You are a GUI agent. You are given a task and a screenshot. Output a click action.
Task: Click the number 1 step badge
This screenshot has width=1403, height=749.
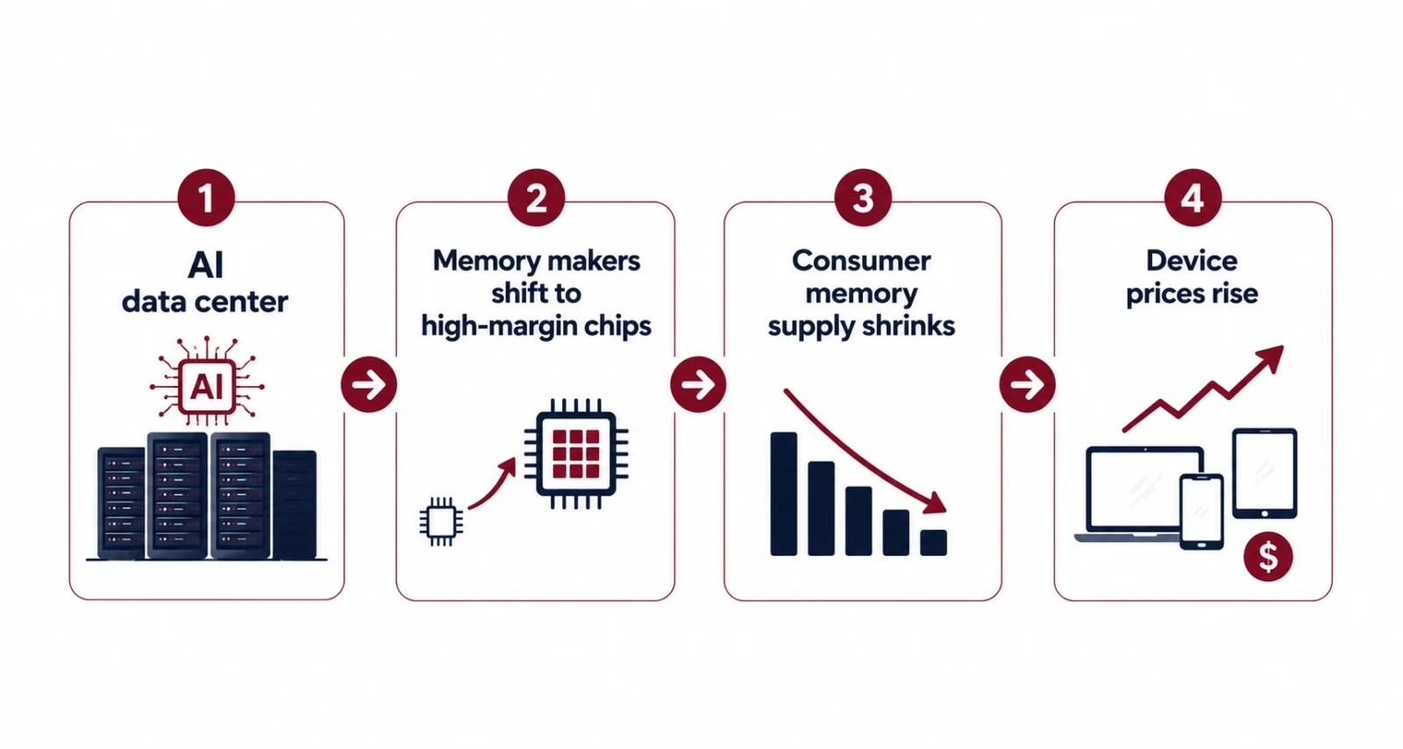pyautogui.click(x=206, y=198)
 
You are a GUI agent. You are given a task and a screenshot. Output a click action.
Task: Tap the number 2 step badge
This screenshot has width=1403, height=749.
pyautogui.click(x=536, y=198)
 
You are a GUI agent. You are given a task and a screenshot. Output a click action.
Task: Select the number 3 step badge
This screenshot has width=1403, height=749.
pyautogui.click(x=863, y=198)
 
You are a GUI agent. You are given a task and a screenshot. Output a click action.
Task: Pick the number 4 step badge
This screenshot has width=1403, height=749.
pyautogui.click(x=1193, y=198)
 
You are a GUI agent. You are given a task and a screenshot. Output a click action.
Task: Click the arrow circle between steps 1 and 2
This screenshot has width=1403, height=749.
pyautogui.click(x=369, y=384)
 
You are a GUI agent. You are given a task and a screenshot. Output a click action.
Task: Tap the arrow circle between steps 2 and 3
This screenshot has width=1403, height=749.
pyautogui.click(x=698, y=384)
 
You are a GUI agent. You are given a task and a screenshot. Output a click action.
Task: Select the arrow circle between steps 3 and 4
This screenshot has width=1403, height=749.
pyautogui.click(x=1027, y=384)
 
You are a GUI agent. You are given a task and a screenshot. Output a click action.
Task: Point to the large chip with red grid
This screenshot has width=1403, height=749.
pyautogui.click(x=576, y=453)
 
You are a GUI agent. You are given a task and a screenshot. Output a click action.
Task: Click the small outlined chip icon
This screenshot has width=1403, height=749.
pyautogui.click(x=442, y=521)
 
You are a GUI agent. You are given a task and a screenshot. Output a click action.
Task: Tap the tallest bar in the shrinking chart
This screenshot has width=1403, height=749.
pyautogui.click(x=784, y=494)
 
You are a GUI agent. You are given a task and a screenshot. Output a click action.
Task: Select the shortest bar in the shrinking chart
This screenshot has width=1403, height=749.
pyautogui.click(x=933, y=542)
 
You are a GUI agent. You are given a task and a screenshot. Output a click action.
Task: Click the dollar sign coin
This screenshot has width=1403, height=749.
pyautogui.click(x=1268, y=557)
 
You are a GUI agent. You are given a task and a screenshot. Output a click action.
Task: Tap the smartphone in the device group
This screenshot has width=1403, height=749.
pyautogui.click(x=1201, y=511)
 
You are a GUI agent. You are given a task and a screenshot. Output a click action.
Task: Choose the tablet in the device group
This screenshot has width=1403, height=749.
pyautogui.click(x=1264, y=474)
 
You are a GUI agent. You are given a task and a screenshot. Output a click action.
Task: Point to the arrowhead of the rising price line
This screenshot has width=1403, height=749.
pyautogui.click(x=1271, y=358)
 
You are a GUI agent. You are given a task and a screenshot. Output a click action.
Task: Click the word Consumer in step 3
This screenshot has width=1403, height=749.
pyautogui.click(x=861, y=260)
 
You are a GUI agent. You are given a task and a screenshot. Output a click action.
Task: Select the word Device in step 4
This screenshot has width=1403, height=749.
pyautogui.click(x=1192, y=260)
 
